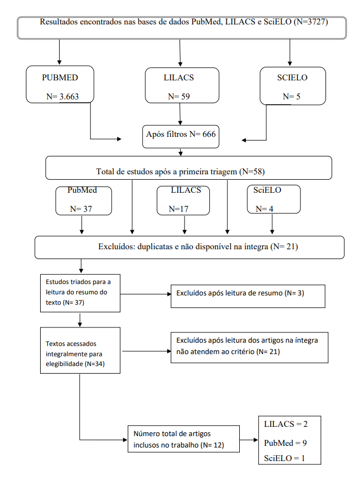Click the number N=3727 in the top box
pos(311,22)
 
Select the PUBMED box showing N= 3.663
pos(60,84)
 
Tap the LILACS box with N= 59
pos(182,85)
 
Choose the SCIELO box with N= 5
pos(292,86)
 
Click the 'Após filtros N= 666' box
pos(181,136)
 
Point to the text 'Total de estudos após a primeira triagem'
pos(167,172)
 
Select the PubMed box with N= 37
pos(84,200)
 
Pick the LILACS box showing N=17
pos(183,200)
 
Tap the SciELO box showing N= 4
pos(274,199)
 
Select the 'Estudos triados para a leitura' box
pos(80,293)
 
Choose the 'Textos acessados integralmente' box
pos(80,350)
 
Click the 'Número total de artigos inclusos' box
pos(183,439)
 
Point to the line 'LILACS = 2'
pos(285,424)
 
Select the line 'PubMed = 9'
pos(285,443)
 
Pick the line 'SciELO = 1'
pos(284,458)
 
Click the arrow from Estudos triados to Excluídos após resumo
pos(146,294)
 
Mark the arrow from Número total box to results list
pos(249,440)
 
